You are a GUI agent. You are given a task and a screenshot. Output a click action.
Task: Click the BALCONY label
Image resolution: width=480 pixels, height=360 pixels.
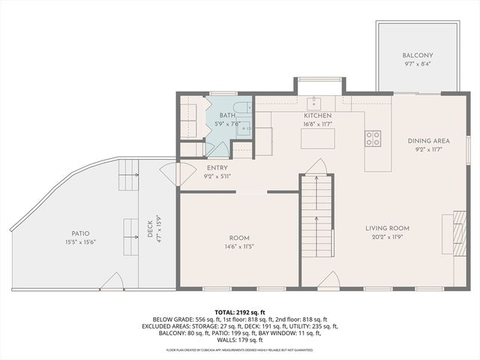pos(418,55)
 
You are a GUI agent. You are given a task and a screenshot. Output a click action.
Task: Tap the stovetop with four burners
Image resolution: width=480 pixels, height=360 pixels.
pos(373,138)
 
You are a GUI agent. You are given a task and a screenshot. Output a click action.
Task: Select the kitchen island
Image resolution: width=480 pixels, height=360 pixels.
pos(316,139)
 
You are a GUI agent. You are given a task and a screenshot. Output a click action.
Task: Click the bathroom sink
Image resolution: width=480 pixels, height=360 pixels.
pos(244,129)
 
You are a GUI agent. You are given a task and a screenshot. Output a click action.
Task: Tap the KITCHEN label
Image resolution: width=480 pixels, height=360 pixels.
pos(317,115)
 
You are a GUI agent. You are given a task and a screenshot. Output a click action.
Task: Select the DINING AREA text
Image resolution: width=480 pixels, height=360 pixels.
pos(428,141)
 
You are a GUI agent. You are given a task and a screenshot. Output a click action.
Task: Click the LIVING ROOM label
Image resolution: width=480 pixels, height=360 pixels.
pos(388,228)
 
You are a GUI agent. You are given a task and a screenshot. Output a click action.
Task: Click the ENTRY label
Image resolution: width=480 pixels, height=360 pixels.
pos(217,168)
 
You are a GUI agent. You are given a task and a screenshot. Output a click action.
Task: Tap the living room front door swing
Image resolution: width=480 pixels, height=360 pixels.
pos(328,280)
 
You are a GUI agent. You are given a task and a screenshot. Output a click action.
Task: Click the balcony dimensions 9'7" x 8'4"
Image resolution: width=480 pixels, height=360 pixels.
pos(418,64)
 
